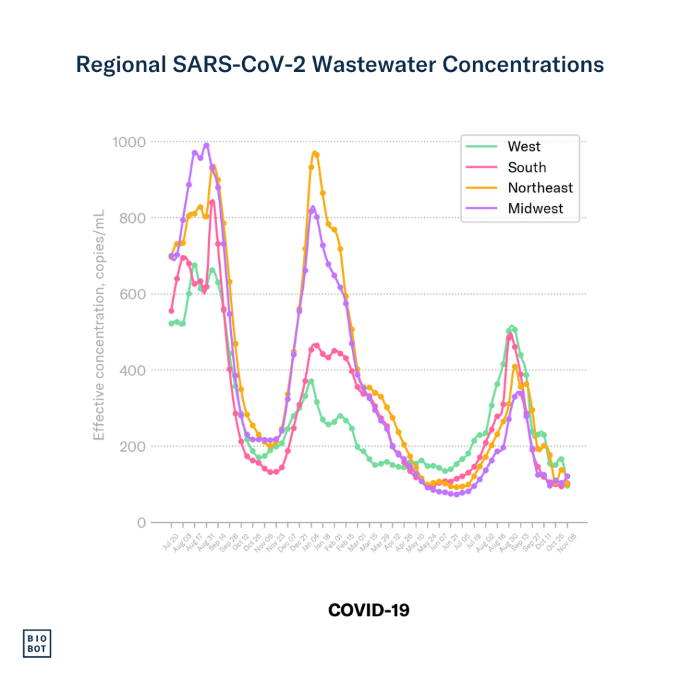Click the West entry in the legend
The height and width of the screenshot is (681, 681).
524,146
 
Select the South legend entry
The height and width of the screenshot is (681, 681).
527,167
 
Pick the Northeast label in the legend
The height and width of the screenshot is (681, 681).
540,188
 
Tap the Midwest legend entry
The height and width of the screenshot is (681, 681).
535,208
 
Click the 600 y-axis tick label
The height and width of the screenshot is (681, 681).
132,294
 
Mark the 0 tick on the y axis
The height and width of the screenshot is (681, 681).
141,522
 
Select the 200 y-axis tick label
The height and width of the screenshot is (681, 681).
132,446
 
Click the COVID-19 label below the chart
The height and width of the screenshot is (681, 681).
368,609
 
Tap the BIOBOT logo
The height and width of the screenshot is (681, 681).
38,642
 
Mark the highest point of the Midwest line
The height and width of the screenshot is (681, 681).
206,145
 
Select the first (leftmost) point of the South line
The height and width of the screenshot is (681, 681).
171,311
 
